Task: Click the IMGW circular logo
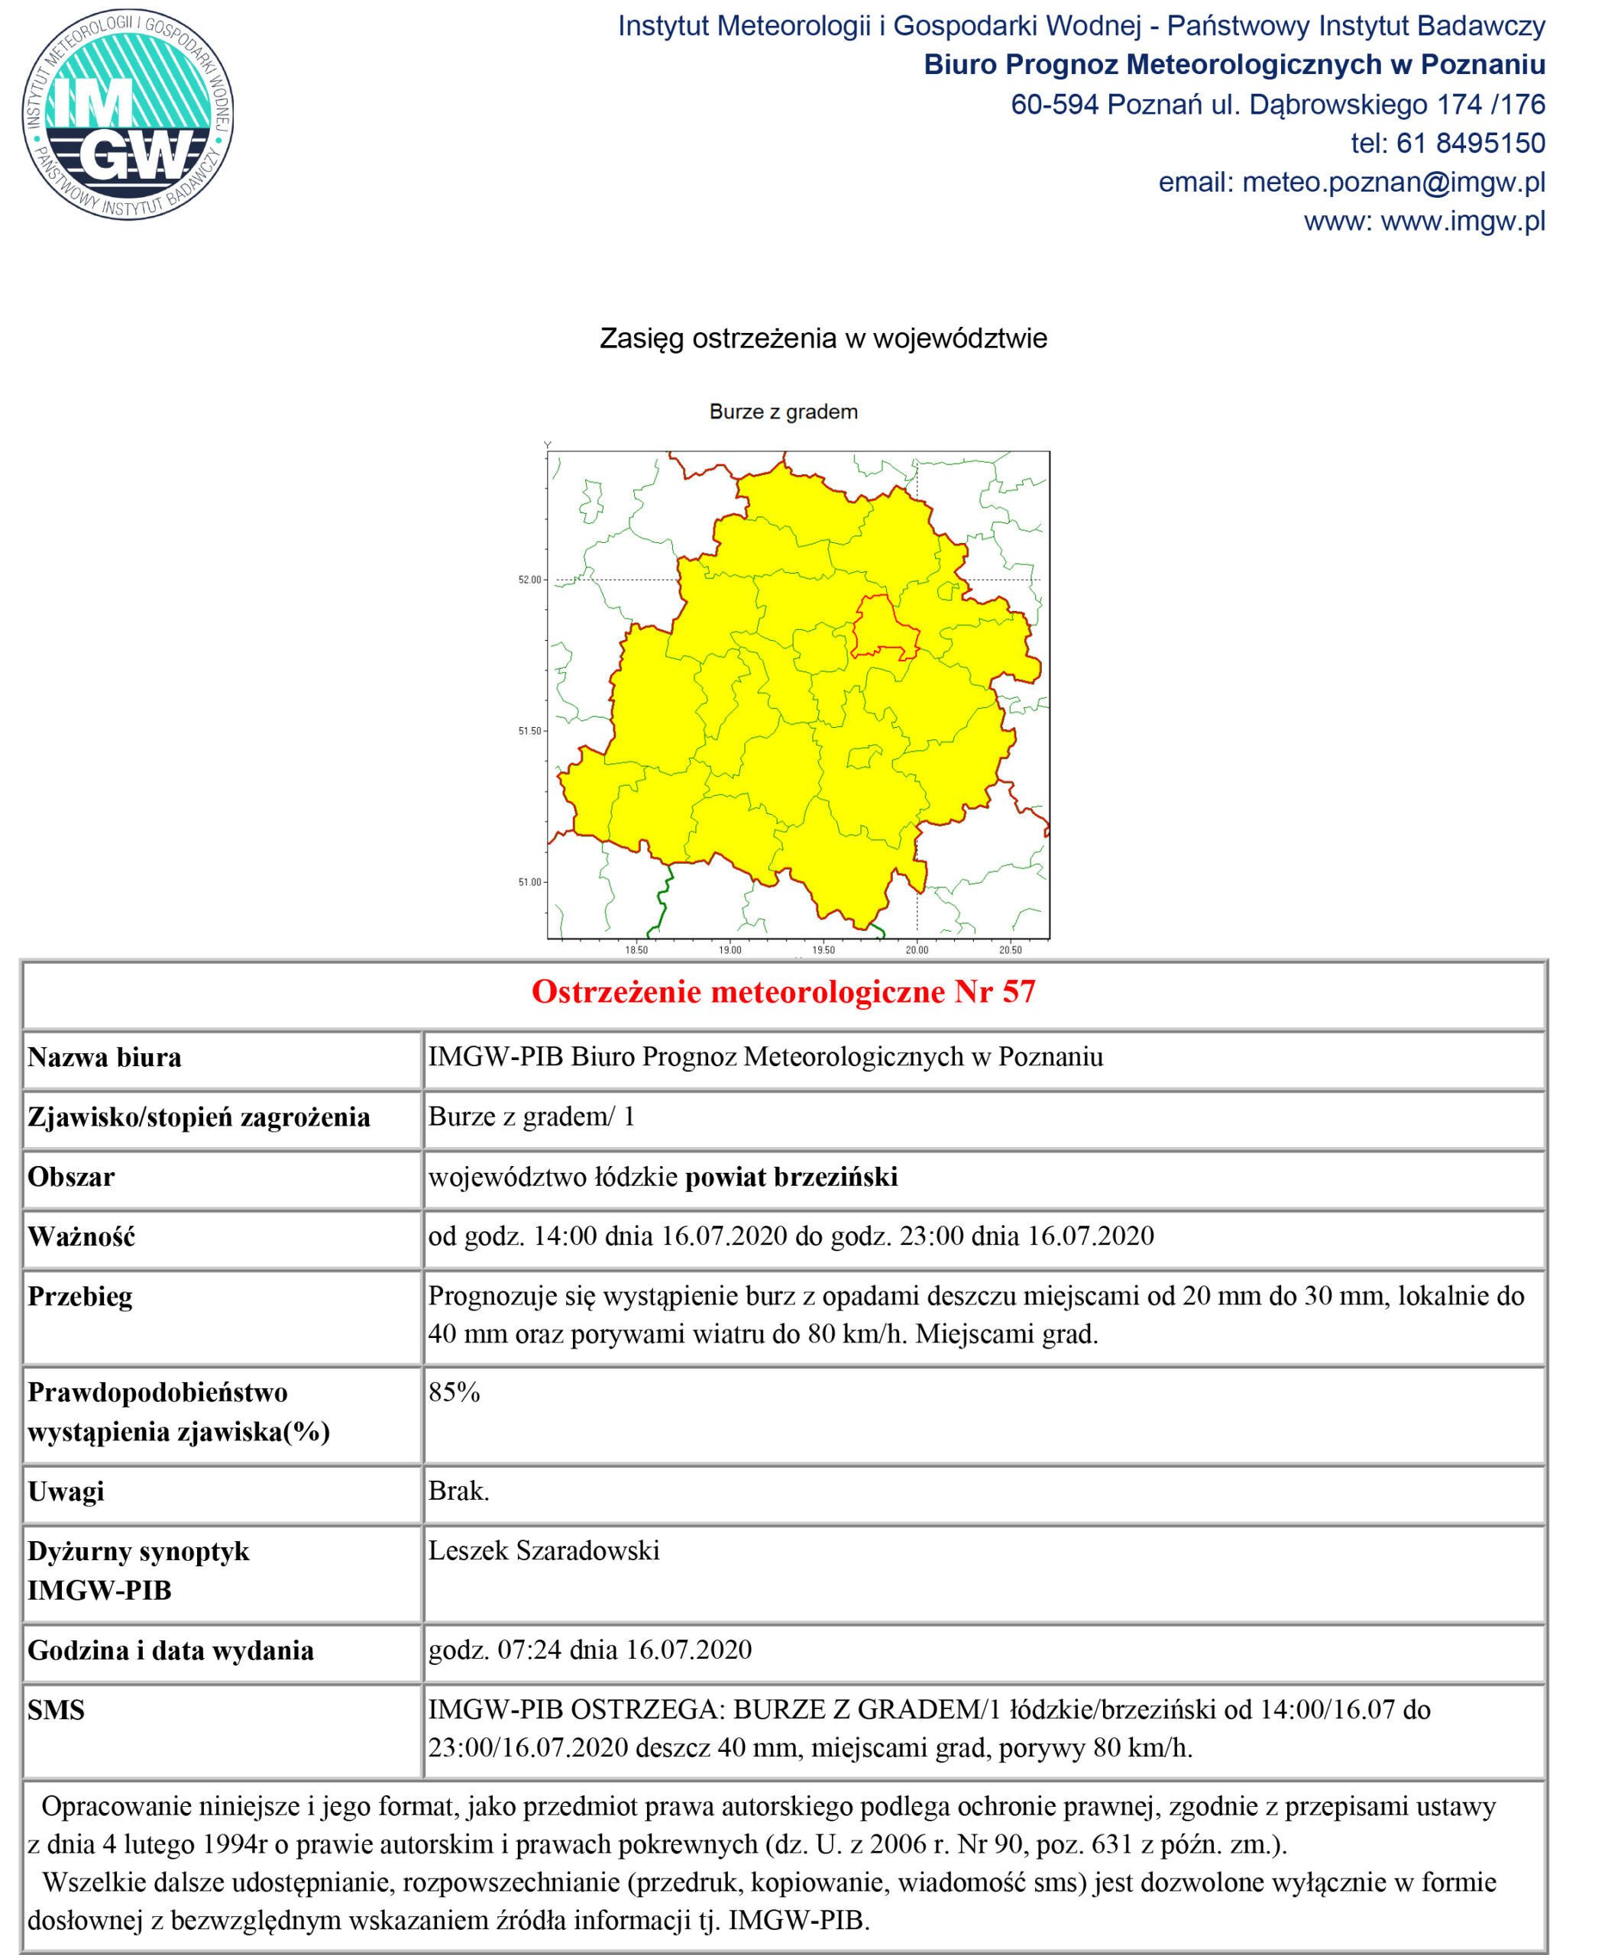coord(128,115)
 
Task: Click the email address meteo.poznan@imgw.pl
coord(1393,183)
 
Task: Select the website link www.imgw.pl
coord(1463,221)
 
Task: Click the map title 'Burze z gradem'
coord(783,412)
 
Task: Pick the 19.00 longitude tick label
coord(730,950)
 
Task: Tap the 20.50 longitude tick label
coord(1010,950)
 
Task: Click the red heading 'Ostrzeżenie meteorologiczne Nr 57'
coord(783,992)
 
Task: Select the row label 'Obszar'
coord(71,1177)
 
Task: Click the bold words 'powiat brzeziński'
coord(791,1177)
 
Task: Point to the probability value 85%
coord(454,1393)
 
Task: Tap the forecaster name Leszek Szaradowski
coord(544,1551)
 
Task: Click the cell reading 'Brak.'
coord(458,1491)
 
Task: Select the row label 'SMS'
coord(56,1711)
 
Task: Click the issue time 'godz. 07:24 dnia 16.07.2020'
coord(590,1650)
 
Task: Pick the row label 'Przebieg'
coord(79,1297)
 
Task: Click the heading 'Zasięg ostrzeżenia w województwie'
coord(823,339)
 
